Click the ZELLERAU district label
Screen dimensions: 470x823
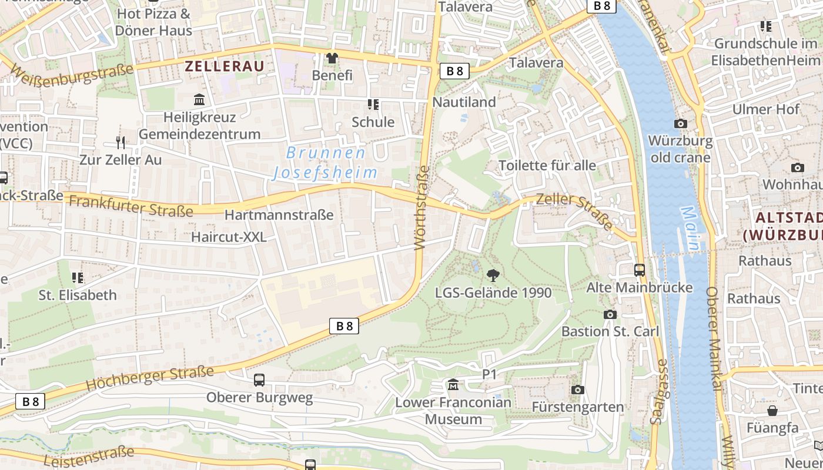coord(225,66)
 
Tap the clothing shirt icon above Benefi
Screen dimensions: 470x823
coord(332,58)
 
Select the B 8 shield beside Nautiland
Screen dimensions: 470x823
coord(454,71)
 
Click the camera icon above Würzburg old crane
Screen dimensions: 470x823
coord(680,123)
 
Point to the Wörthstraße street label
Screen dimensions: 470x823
coord(422,208)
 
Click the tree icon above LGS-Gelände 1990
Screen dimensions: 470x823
coord(493,275)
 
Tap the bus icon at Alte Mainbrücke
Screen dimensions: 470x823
coord(640,270)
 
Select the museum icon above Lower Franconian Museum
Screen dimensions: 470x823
coord(453,385)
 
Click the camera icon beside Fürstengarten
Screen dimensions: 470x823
coord(577,390)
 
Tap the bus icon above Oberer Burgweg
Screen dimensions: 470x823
coord(259,380)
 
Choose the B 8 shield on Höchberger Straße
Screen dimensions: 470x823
coord(344,326)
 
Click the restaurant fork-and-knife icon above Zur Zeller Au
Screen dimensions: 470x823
coord(121,142)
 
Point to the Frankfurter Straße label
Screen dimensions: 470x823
coord(131,206)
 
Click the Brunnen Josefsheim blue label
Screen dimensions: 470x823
coord(326,163)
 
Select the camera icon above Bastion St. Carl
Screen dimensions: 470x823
coord(610,314)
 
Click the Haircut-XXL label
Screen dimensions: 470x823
coord(229,237)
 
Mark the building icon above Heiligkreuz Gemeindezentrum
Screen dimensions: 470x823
coord(199,100)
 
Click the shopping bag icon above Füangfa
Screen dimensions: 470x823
coord(772,410)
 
